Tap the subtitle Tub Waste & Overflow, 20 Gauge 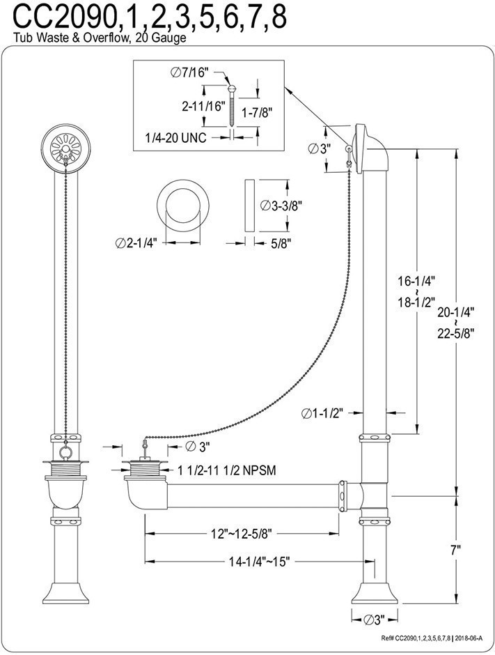click(x=93, y=39)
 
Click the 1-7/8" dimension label click(x=256, y=111)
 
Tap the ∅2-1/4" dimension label click(x=136, y=242)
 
